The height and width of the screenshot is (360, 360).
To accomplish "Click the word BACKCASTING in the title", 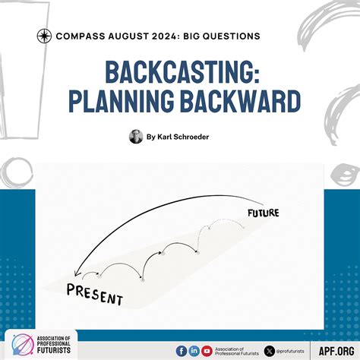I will pos(180,74).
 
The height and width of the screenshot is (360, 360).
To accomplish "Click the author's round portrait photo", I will pos(136,137).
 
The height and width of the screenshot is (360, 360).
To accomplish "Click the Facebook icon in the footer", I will pos(182,350).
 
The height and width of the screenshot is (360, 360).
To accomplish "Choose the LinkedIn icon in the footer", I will pos(194,350).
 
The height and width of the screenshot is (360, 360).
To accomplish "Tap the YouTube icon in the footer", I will pos(207,350).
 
